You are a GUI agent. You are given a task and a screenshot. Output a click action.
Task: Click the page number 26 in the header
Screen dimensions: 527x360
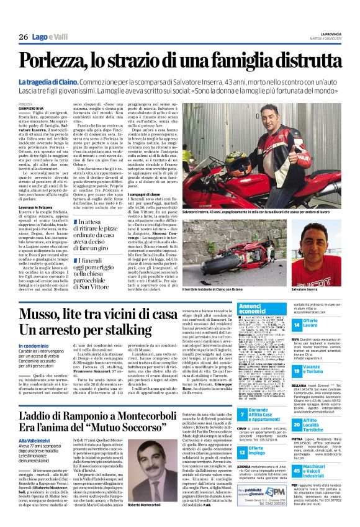tap(23, 37)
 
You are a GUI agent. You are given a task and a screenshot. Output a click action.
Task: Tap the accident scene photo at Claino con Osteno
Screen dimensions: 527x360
tap(246, 248)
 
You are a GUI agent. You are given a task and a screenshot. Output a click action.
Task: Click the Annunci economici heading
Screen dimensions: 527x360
tap(256, 309)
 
